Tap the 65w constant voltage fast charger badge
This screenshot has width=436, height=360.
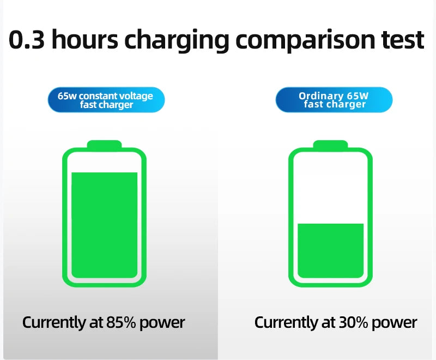[105, 100]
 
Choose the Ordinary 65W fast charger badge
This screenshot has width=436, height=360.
[334, 100]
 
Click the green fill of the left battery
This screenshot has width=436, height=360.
[105, 224]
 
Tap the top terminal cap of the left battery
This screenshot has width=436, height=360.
[105, 145]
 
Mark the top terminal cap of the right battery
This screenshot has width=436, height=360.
[330, 145]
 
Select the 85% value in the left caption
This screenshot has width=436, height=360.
[122, 322]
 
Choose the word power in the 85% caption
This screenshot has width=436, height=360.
[162, 323]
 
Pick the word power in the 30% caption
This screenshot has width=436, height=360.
[395, 323]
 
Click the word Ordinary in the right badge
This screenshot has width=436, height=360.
[320, 96]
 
